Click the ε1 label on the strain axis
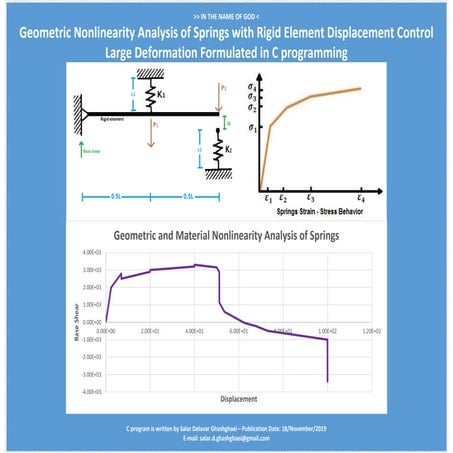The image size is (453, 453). pos(268,199)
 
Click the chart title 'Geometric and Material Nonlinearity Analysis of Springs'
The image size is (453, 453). pos(226,237)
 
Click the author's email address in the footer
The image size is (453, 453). pos(226,436)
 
